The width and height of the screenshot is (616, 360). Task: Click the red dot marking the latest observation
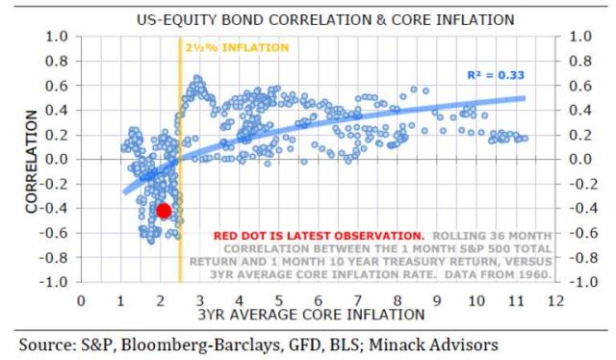pyautogui.click(x=164, y=210)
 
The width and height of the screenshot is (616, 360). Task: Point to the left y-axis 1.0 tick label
pyautogui.click(x=58, y=37)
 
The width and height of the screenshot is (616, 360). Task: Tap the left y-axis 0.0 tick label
pyautogui.click(x=58, y=159)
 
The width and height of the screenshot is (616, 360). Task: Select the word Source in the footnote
pyautogui.click(x=37, y=344)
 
